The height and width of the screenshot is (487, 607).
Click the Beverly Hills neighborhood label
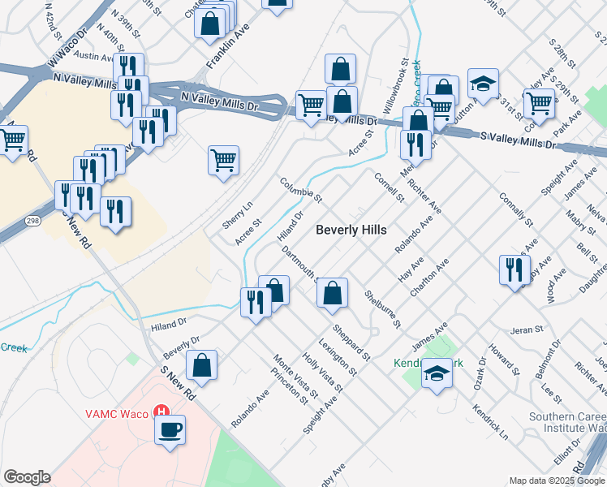(351, 230)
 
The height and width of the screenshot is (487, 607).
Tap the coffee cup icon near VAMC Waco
(170, 429)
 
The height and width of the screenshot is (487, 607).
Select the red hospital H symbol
(161, 413)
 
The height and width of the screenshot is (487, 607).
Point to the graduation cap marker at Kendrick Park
(437, 374)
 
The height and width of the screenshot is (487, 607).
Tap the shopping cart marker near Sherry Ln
(223, 159)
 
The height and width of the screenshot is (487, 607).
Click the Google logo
(27, 477)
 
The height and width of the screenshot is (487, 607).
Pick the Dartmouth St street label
(299, 264)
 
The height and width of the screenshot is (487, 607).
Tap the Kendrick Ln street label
(490, 411)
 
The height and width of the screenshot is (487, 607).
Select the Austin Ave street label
(96, 57)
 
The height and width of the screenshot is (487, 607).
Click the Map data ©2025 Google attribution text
(557, 481)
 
